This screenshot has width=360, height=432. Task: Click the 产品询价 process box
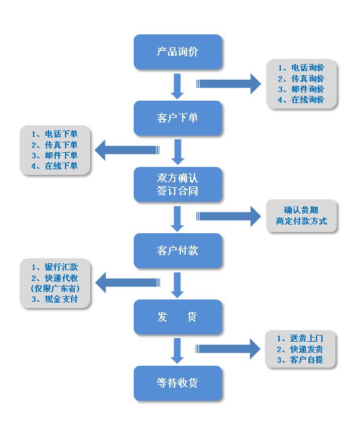coord(178,52)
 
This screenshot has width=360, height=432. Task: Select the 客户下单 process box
coord(178,118)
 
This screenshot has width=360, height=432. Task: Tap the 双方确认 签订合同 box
coord(178,184)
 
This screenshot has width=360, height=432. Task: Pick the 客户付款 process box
coord(178,251)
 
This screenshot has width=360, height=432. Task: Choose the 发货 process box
coord(178,317)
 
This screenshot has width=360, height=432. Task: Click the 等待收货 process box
coord(178,384)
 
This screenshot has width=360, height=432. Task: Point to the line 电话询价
coord(301,67)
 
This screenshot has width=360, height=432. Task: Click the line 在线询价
coord(301,99)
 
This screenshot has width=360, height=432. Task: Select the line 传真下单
coord(55,145)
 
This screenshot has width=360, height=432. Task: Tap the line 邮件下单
coord(55,155)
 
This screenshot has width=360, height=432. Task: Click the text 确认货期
coord(301,210)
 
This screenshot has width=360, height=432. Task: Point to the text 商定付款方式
coord(301,221)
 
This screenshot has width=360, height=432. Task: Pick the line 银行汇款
coord(55,267)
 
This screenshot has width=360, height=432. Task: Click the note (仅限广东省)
coord(55,288)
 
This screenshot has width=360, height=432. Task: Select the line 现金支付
coord(55,299)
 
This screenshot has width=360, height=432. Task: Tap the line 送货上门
coord(300,338)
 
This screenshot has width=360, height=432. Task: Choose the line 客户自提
coord(300,360)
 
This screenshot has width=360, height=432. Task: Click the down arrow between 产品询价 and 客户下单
coord(177,86)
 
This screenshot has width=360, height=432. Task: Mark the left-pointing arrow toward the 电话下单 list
coord(127,150)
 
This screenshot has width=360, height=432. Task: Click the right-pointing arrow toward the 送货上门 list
coord(228,349)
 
